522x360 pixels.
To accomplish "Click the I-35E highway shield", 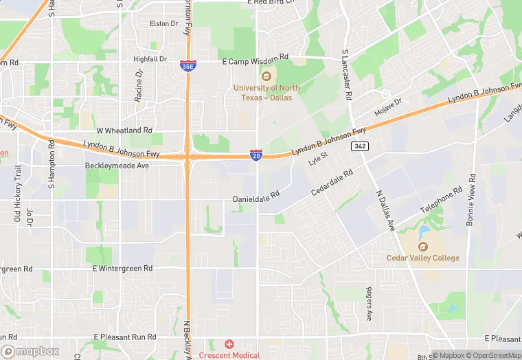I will [188, 65].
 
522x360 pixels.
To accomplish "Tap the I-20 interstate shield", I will [256, 155].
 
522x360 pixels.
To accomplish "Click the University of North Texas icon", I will [266, 75].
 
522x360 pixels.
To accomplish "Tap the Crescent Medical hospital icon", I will [229, 344].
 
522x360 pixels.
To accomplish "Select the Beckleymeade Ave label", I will [117, 166].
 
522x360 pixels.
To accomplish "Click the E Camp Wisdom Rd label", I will [256, 62].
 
